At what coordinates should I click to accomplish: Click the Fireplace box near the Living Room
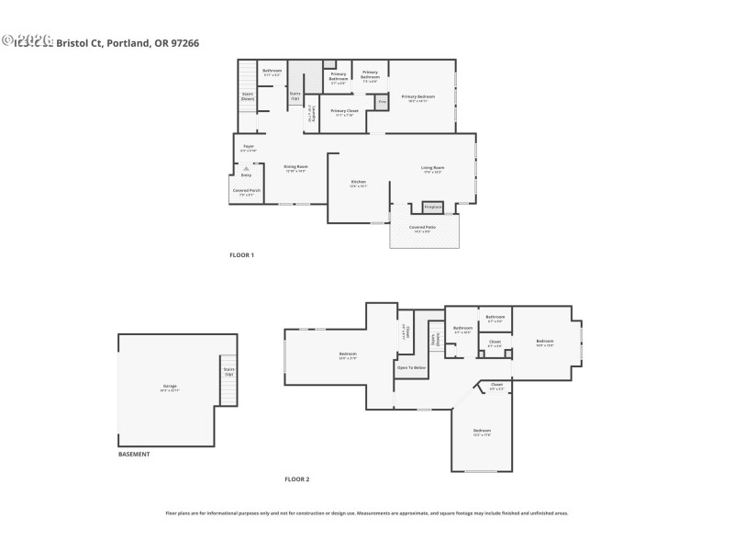click(x=432, y=207)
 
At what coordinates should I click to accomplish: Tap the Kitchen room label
click(x=359, y=183)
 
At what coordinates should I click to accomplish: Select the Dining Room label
click(x=295, y=167)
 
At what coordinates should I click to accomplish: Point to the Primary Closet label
click(x=345, y=111)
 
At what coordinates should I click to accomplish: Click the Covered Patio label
click(x=422, y=227)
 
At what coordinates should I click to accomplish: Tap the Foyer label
click(x=248, y=146)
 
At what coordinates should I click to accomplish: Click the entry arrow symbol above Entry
click(x=246, y=168)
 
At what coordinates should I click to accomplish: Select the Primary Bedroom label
click(x=417, y=96)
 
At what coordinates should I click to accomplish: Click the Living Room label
click(x=432, y=167)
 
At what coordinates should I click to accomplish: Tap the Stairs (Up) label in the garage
click(x=228, y=372)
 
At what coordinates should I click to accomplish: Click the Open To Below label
click(x=410, y=367)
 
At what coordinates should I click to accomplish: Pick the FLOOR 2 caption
click(x=296, y=479)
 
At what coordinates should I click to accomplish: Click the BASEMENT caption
click(x=134, y=454)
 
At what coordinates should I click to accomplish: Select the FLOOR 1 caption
click(x=241, y=254)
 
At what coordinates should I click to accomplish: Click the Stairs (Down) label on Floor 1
click(x=248, y=95)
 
